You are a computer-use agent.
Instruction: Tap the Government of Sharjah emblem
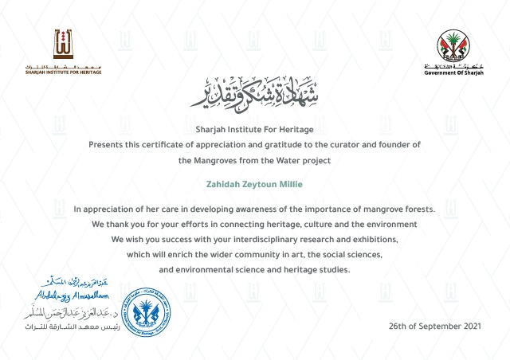tap(454, 49)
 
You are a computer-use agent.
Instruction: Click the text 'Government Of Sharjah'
tap(454, 72)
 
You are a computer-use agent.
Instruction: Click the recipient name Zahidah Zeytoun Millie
tap(254, 185)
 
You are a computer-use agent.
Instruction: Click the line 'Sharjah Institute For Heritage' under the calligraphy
tap(254, 128)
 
